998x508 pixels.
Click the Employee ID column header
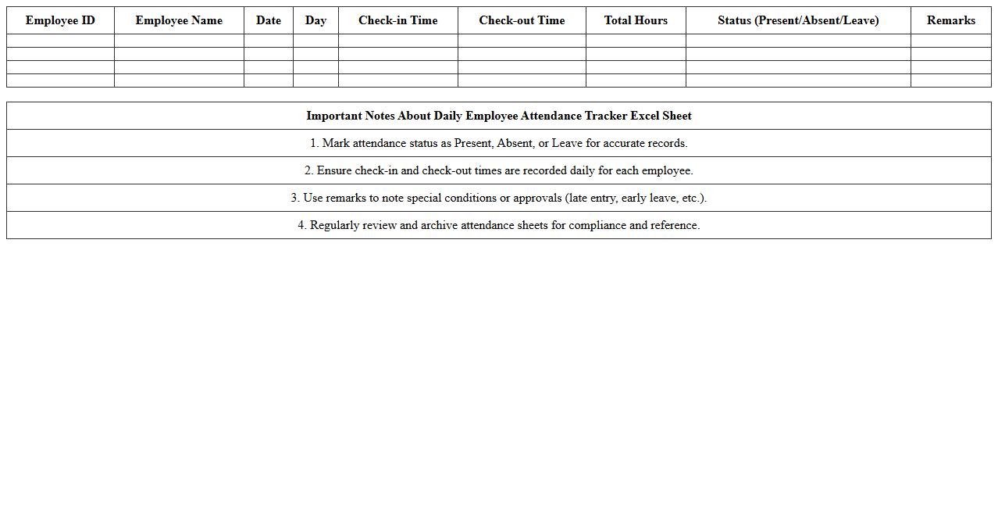60,20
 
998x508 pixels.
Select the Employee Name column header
179,20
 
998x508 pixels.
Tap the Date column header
269,20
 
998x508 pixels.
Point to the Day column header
315,20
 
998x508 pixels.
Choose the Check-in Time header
397,20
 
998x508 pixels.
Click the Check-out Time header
522,20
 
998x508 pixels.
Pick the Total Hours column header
636,20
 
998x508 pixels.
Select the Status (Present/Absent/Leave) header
798,20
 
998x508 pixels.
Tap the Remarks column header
950,20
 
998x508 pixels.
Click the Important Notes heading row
498,116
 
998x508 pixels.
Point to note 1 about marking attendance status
498,143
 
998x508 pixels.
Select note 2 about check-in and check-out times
498,170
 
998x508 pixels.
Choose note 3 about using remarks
498,198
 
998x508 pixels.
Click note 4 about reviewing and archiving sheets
498,225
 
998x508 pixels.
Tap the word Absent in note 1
515,143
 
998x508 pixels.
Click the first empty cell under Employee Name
179,41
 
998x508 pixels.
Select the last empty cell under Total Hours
636,80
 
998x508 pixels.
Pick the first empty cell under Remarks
950,41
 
